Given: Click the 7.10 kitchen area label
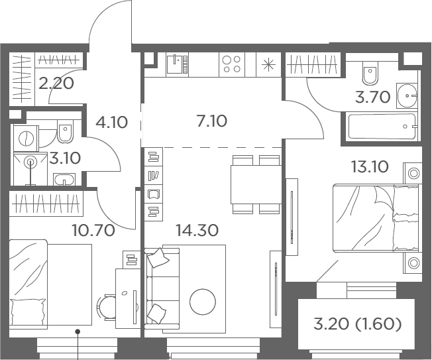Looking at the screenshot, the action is (x=212, y=121).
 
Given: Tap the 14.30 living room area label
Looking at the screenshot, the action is (x=197, y=230).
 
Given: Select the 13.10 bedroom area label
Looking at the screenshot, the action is (x=370, y=167).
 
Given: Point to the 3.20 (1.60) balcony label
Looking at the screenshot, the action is (x=357, y=324).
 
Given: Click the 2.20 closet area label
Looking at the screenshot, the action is (x=56, y=84).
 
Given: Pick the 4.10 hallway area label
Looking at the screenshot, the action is (x=111, y=122).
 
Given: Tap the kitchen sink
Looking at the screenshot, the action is (x=177, y=64).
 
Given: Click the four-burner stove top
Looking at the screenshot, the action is (x=232, y=64).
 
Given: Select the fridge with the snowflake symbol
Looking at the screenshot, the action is (x=268, y=64).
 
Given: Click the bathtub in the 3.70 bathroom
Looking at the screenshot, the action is (x=382, y=126).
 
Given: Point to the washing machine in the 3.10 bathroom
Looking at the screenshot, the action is (x=27, y=138).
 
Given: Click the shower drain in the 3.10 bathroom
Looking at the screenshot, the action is (x=30, y=162).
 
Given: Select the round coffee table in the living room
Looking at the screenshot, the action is (x=203, y=302).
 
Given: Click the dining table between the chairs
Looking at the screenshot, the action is (x=256, y=184).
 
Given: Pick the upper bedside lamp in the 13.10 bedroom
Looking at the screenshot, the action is (x=413, y=174).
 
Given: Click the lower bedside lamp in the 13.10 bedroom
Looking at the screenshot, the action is (x=413, y=263).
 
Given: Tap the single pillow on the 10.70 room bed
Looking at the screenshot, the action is (x=28, y=312).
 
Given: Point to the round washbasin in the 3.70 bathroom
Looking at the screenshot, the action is (x=407, y=95).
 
